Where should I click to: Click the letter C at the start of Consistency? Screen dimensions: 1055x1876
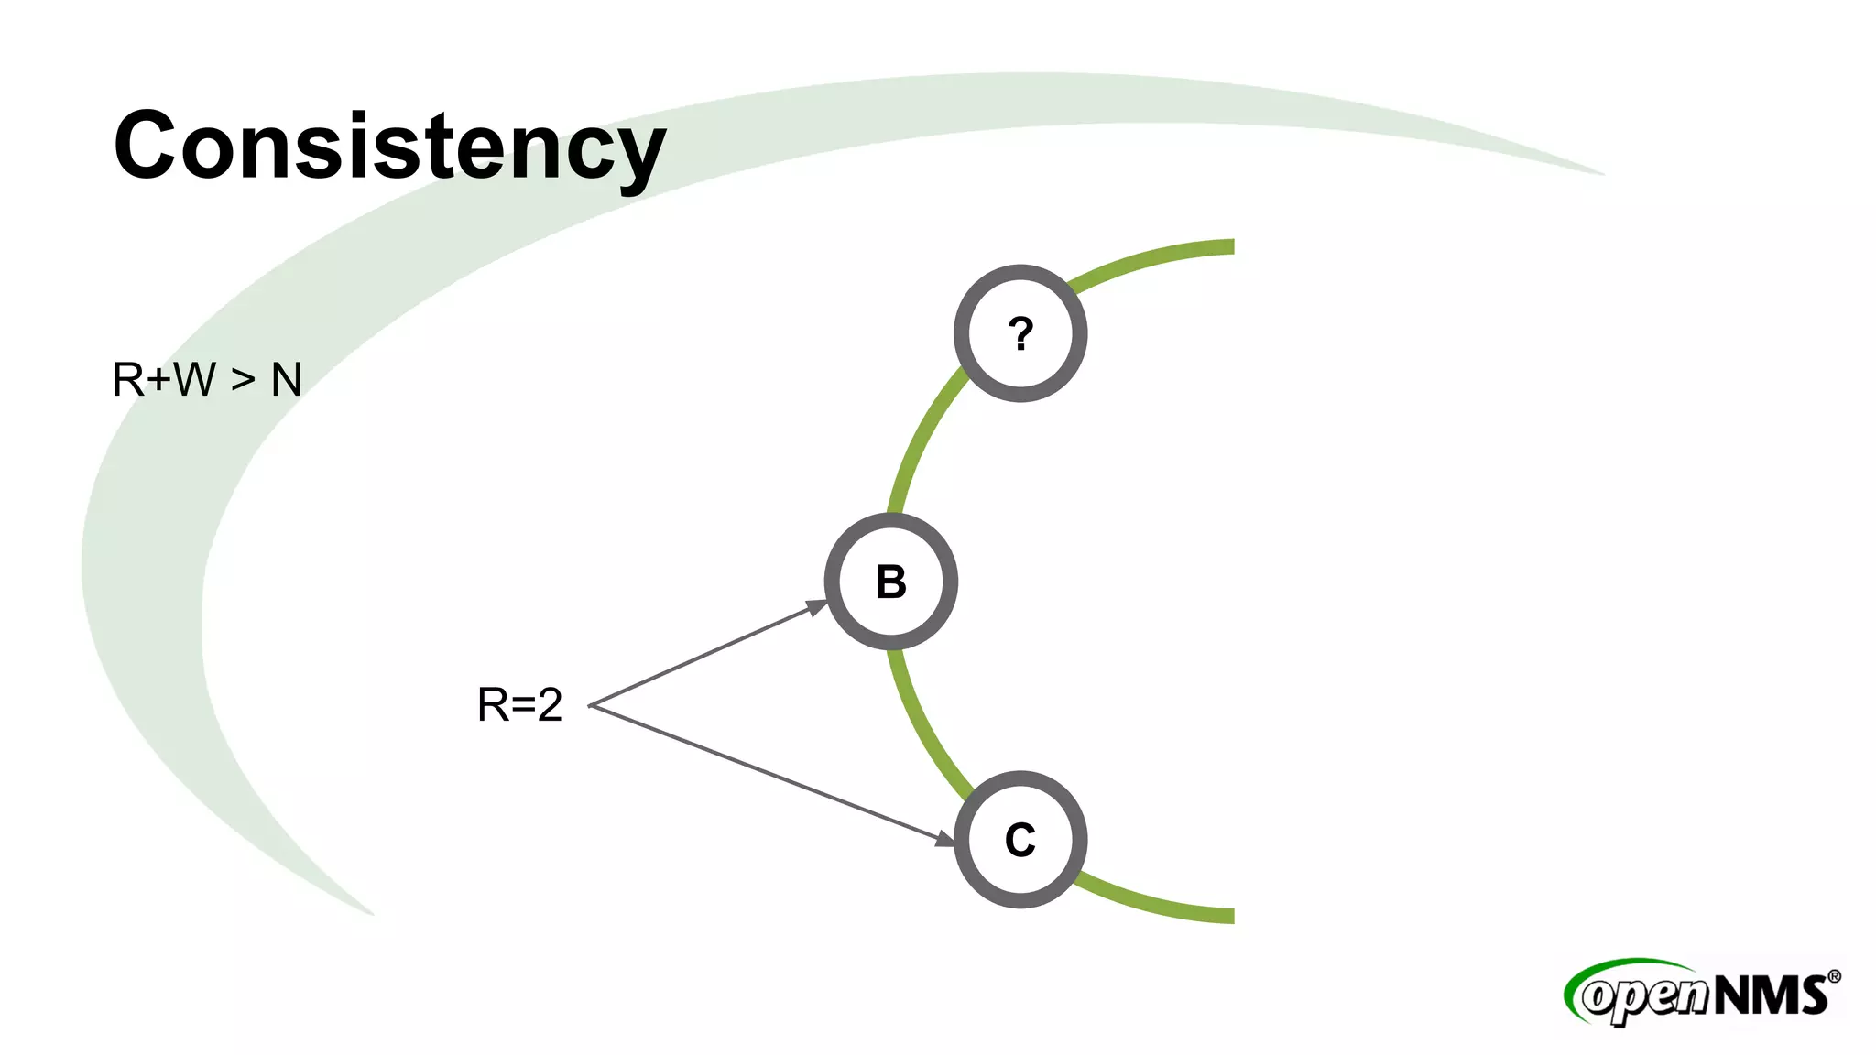coord(145,145)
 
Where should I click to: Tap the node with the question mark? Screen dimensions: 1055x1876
coord(1020,333)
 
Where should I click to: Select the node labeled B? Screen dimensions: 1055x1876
coord(891,582)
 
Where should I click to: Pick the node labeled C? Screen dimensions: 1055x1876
coord(1020,840)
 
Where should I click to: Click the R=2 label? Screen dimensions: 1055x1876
coord(519,705)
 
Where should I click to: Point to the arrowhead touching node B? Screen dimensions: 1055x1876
coord(816,606)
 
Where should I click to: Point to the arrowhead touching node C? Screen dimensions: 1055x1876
coord(944,837)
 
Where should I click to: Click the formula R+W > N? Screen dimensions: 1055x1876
coord(207,379)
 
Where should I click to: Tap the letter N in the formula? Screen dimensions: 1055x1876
coord(287,379)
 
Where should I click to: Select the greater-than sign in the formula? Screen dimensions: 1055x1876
coord(243,379)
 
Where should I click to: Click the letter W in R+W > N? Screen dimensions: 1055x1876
coord(194,379)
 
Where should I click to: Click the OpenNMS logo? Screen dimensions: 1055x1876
coord(1702,993)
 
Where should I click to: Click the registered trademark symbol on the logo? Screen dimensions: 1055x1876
coord(1834,976)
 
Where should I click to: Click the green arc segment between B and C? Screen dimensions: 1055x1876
coord(921,723)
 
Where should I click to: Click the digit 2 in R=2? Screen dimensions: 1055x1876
coord(550,705)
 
